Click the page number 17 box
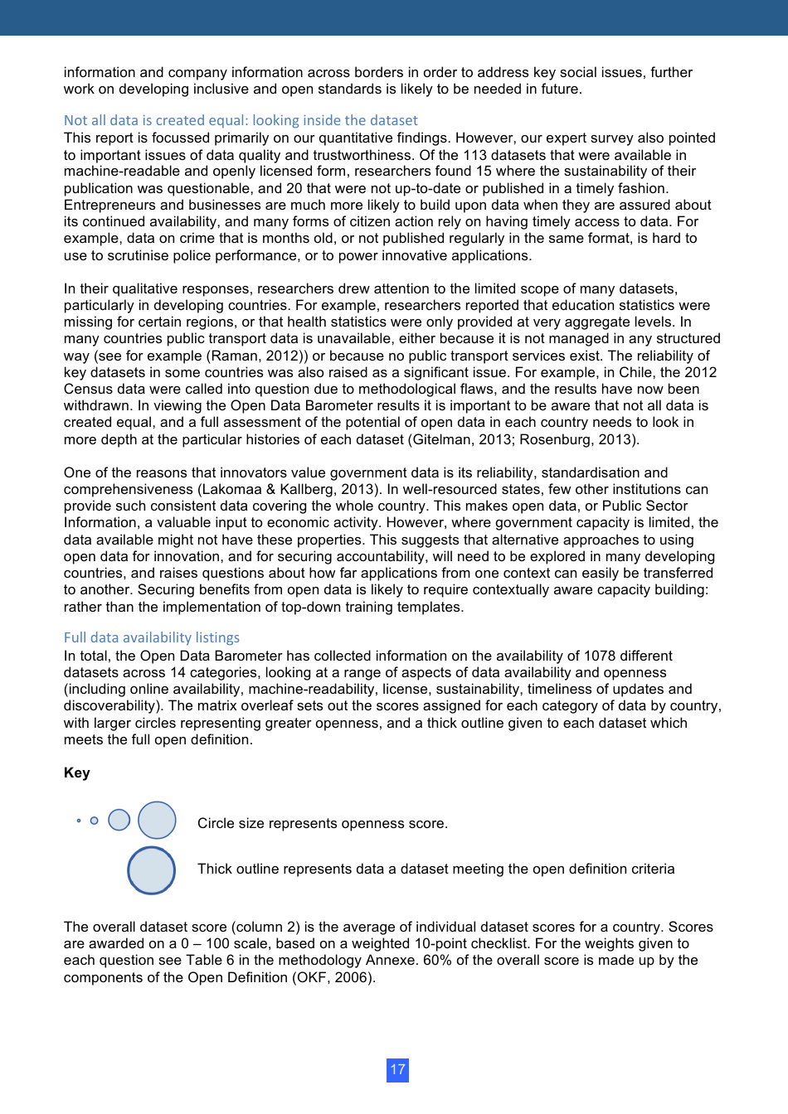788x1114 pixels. (397, 1069)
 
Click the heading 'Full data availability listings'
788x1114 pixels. (152, 637)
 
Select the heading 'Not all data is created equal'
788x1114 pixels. (241, 120)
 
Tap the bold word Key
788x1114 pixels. (76, 773)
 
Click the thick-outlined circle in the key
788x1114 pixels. (152, 870)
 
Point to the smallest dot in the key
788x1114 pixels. (79, 821)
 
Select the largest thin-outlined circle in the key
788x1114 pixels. (157, 821)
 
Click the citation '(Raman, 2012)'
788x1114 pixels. (264, 356)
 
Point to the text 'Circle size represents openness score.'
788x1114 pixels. (323, 823)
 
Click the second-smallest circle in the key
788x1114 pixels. (95, 821)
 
